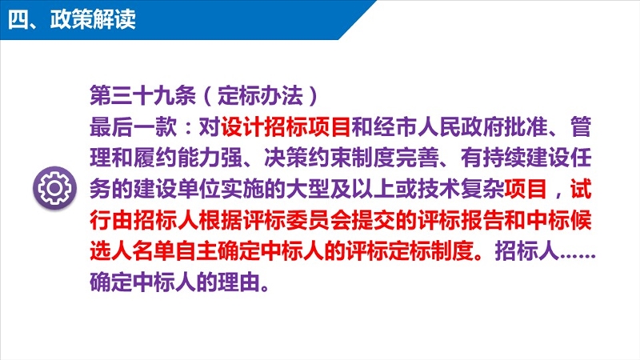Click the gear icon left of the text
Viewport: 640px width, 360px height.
(54, 188)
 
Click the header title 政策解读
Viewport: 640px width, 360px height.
(93, 19)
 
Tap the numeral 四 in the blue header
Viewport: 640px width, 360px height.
(18, 19)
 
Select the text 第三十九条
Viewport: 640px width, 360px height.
(143, 95)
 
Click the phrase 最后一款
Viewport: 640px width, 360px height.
(133, 126)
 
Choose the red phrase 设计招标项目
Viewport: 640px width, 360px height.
(286, 126)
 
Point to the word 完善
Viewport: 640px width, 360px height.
(417, 158)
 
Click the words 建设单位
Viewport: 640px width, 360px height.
(176, 189)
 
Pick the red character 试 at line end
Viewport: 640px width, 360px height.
(581, 189)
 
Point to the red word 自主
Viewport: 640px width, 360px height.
(198, 250)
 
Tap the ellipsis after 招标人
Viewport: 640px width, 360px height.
(578, 256)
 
